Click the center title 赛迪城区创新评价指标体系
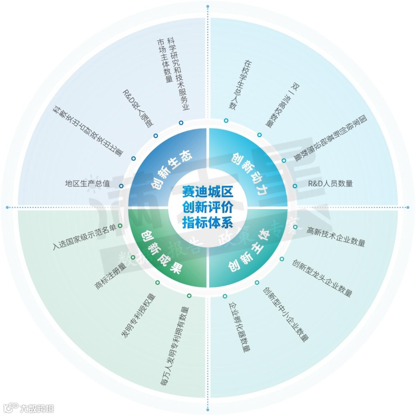coord(208,207)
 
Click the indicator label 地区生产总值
coord(87,184)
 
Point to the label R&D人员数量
coord(330,184)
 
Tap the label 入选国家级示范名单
coord(84,237)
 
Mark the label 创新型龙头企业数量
coord(322,278)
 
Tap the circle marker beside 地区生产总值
coord(121,186)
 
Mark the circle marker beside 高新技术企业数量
coord(295,227)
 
